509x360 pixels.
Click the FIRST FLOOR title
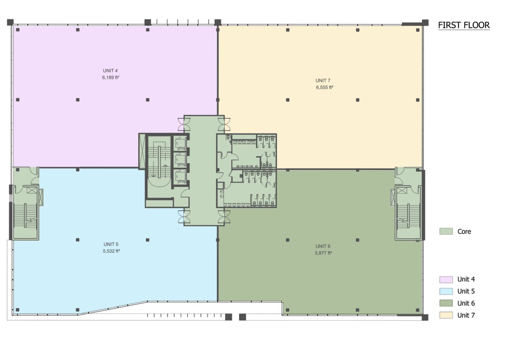464,25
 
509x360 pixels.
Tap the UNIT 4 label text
110,71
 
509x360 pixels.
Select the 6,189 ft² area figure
111,78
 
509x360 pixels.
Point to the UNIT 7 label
323,81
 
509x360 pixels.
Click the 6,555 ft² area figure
324,87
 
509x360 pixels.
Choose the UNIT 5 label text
111,244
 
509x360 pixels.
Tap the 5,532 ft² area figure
111,251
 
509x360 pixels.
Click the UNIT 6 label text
323,246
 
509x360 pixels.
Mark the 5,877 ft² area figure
323,253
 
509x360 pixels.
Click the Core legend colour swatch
446,231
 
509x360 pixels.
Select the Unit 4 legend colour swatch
446,279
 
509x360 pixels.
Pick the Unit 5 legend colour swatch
446,291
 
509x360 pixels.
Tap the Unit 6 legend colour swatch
446,303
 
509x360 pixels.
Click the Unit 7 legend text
466,315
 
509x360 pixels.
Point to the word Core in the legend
464,232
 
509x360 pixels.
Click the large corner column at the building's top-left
10,22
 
